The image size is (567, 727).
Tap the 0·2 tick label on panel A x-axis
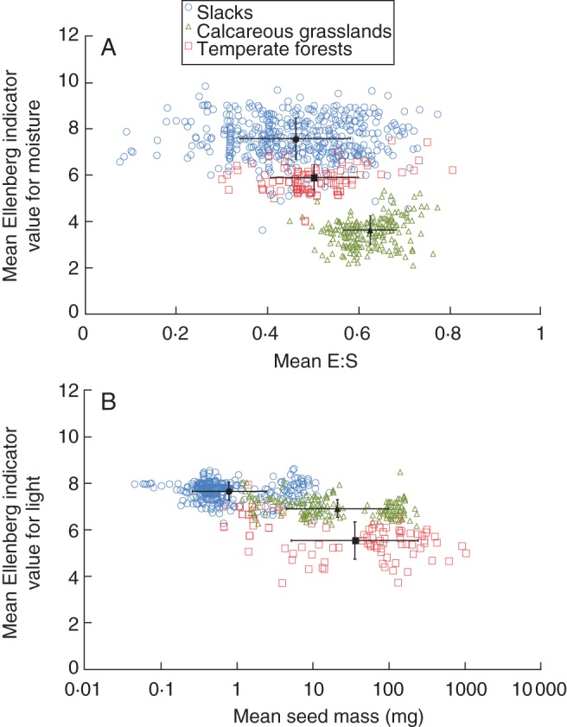coord(175,334)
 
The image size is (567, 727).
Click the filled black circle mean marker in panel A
coord(296,138)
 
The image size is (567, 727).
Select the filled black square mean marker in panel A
coord(315,177)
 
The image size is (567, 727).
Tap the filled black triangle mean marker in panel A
coord(370,230)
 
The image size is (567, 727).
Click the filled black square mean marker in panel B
coord(354,540)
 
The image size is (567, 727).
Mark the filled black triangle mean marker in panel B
coord(337,509)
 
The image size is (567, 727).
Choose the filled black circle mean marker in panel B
coord(229,491)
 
